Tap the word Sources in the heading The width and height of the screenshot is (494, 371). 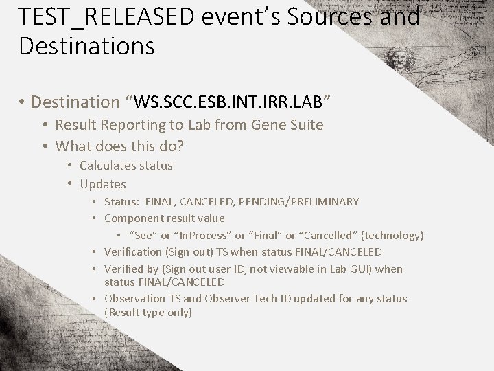(323, 16)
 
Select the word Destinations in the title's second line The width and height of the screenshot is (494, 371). (86, 47)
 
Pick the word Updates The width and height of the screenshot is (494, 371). (103, 184)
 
